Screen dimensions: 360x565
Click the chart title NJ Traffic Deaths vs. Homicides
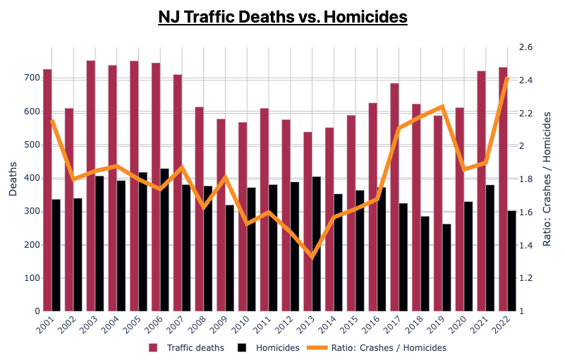[x=282, y=16]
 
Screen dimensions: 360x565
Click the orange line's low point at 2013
[x=312, y=256]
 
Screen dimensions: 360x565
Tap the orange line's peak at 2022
[x=507, y=78]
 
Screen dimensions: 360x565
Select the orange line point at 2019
[x=442, y=107]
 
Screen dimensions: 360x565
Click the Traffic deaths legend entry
[x=187, y=347]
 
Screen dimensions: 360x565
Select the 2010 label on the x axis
[x=241, y=327]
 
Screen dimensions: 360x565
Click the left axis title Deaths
[x=13, y=179]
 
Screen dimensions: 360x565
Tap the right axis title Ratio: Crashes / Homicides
[x=547, y=179]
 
